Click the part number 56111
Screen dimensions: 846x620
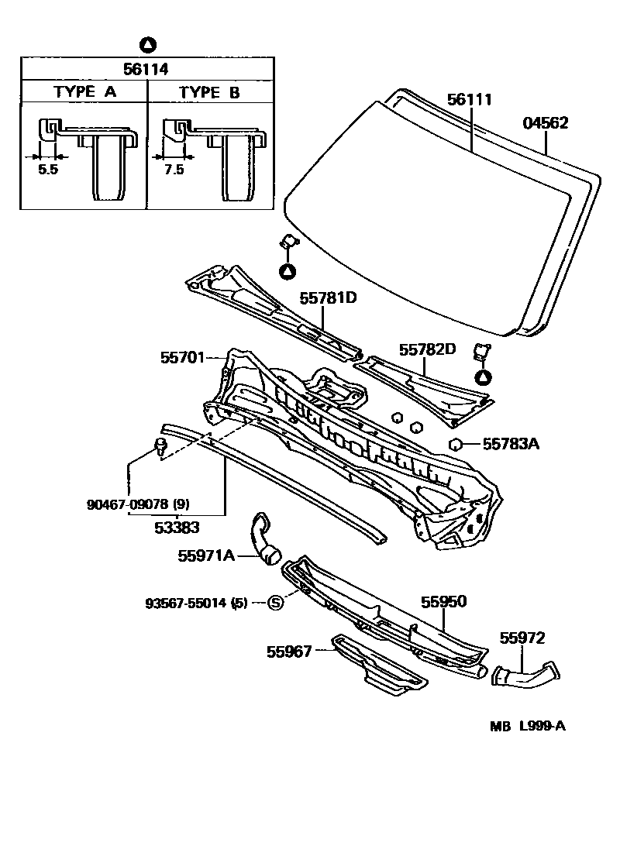click(470, 100)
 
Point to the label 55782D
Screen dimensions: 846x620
click(428, 349)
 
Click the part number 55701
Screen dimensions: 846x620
click(182, 357)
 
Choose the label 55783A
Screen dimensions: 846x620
click(511, 444)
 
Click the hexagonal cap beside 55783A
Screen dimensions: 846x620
click(456, 444)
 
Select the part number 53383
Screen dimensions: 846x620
click(175, 528)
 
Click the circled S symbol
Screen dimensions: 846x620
click(276, 603)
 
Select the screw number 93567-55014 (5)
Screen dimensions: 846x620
click(197, 603)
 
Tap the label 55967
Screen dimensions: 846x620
click(289, 652)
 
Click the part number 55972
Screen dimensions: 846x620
click(522, 638)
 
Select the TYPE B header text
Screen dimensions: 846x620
click(209, 92)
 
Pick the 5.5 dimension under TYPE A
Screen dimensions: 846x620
click(48, 170)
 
